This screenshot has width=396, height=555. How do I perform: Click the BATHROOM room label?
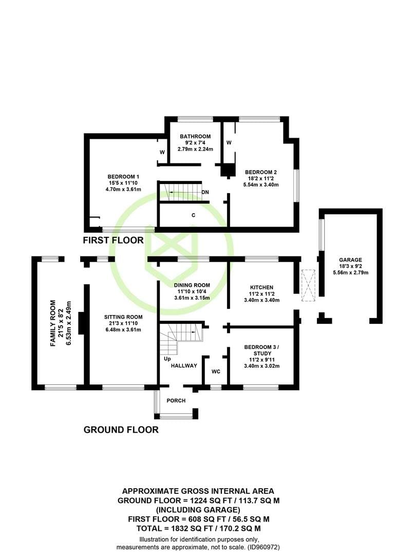pos(195,136)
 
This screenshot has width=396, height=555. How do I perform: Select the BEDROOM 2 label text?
pos(261,172)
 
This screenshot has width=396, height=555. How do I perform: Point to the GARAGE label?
pos(350,260)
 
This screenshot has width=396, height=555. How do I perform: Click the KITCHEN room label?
pos(261,287)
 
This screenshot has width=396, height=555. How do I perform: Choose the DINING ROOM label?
pos(192,285)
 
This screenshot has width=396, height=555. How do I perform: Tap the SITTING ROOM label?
pos(123,317)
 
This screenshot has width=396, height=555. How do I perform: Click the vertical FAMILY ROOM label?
pos(53,323)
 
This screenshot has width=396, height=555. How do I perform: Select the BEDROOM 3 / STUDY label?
pos(262,350)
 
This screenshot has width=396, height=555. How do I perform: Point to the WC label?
pos(216,372)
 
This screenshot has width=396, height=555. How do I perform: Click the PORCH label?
pos(176,401)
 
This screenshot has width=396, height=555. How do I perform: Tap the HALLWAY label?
pos(184,366)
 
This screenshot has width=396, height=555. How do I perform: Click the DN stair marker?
pos(205,192)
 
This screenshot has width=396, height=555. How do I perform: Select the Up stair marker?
pos(167,359)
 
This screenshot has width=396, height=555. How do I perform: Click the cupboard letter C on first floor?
pos(193,215)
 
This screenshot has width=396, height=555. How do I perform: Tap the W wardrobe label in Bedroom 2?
pos(229,143)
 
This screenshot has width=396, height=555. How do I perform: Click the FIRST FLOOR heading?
pos(113,240)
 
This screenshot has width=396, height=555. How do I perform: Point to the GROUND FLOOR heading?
pos(121,430)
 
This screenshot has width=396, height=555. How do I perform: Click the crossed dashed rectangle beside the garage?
pos(308,286)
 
